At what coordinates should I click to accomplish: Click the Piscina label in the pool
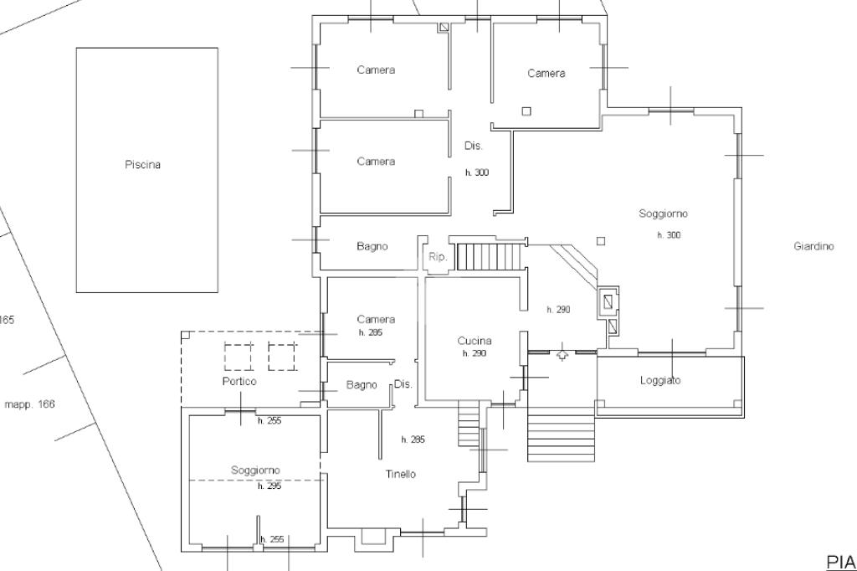click(x=142, y=165)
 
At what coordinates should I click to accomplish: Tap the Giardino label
click(x=813, y=246)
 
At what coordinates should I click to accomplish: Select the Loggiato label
click(x=660, y=381)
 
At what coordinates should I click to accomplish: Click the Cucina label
click(x=474, y=341)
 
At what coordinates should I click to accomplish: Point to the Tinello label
click(x=400, y=474)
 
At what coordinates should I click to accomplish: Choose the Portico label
click(x=239, y=381)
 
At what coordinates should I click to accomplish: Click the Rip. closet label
click(x=438, y=257)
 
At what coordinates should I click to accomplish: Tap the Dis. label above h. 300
click(x=474, y=146)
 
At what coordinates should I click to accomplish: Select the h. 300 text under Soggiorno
click(x=669, y=235)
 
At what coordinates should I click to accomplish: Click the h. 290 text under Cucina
click(x=474, y=354)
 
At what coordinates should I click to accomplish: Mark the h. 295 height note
click(x=269, y=486)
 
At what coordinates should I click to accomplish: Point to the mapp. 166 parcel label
click(x=30, y=404)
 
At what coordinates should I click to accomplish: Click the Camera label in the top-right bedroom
click(x=546, y=74)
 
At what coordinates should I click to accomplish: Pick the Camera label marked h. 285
click(x=376, y=319)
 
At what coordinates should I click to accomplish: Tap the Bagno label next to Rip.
click(x=372, y=246)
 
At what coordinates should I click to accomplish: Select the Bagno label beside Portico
click(x=362, y=385)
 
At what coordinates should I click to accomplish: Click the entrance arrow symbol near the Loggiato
click(x=562, y=355)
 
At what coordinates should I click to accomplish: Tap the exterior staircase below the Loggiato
click(x=561, y=435)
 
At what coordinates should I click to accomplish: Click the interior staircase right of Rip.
click(x=485, y=255)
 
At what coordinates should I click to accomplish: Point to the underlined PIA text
click(x=841, y=561)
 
